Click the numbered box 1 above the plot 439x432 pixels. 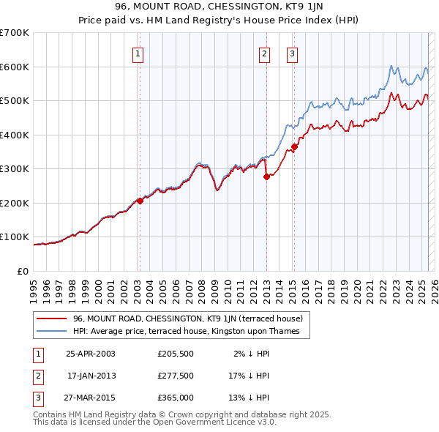[x=138, y=53]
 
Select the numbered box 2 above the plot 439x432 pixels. [x=264, y=53]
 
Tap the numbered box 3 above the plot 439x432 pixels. [x=292, y=53]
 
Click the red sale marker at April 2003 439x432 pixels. [x=140, y=201]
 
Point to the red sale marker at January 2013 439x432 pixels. [x=266, y=176]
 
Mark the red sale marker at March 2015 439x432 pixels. [x=294, y=147]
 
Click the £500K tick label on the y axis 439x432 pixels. [x=15, y=101]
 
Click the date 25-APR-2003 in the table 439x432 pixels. [x=91, y=354]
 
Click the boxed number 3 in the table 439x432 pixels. [x=37, y=398]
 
